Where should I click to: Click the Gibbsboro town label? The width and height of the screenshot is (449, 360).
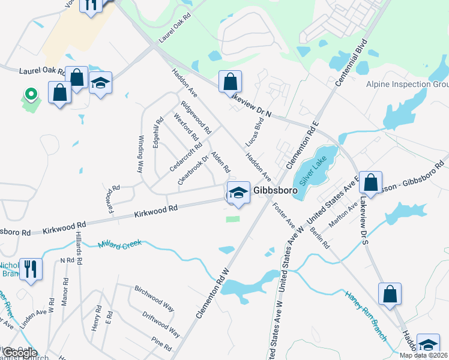[x=276, y=190]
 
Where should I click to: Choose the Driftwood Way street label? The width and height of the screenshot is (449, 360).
[x=161, y=322]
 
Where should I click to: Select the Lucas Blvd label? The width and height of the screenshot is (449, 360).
[x=255, y=132]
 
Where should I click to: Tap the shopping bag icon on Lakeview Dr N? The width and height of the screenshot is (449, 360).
[x=229, y=81]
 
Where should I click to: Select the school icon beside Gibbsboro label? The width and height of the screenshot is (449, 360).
[x=238, y=193]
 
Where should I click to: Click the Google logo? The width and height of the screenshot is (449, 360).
[x=19, y=353]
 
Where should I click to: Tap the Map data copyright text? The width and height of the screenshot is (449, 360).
[x=423, y=355]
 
